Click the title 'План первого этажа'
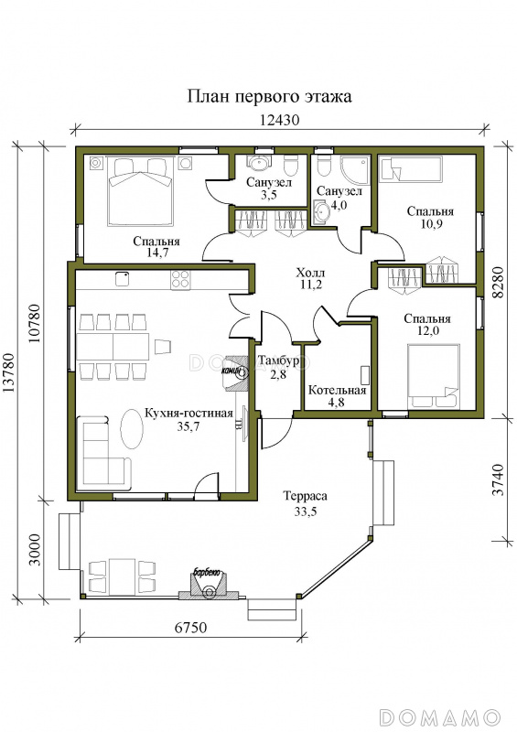tap(269, 97)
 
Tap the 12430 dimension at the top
tap(279, 120)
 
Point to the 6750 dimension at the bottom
tap(190, 627)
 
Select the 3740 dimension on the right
tap(498, 480)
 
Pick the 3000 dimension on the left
tap(35, 550)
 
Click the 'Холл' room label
tap(310, 272)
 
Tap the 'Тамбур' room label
tap(278, 361)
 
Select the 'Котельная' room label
tap(337, 391)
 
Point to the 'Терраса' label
tap(305, 496)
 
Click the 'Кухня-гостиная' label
tap(188, 414)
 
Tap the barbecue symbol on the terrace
tap(209, 585)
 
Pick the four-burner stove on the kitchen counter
tap(180, 280)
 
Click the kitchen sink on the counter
tap(123, 279)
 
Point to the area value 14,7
tap(156, 253)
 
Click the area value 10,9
tap(430, 223)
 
